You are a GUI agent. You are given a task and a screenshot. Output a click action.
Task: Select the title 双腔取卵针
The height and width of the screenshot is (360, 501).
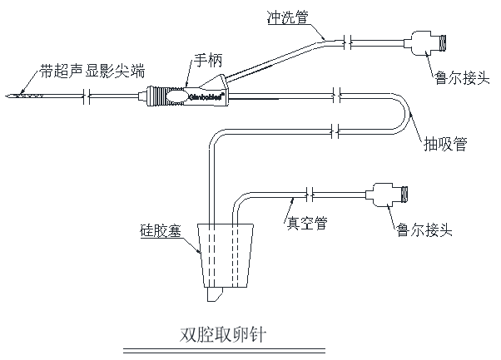click(x=224, y=333)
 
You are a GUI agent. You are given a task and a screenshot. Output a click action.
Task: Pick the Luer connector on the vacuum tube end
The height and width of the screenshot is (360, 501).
click(x=390, y=195)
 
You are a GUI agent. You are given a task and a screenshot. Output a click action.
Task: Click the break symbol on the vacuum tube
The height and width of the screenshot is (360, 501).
click(x=310, y=195)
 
